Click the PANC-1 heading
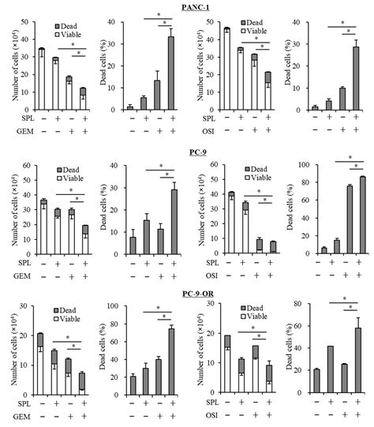pyautogui.click(x=188, y=6)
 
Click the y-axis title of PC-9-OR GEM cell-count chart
pyautogui.click(x=7, y=347)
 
